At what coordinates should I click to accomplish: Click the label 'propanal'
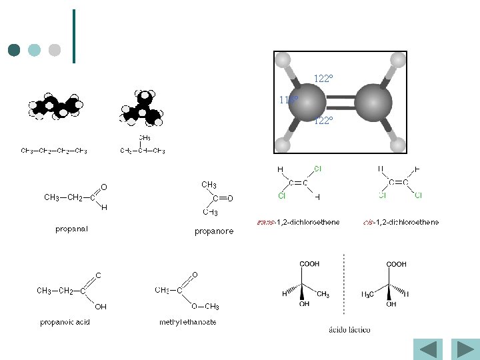72,229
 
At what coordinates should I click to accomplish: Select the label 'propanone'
214,231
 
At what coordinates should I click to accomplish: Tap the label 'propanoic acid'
65,322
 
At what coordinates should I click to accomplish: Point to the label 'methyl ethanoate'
188,322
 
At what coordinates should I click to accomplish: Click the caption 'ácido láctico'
350,329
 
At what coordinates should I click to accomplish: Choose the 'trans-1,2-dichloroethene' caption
298,222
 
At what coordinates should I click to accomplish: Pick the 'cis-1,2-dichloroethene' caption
401,222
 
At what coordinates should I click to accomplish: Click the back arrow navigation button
427,349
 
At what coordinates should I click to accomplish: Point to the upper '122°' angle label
323,79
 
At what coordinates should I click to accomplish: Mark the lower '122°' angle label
323,121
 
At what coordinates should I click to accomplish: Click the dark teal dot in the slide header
14,50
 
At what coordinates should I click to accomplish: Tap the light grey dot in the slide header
55,50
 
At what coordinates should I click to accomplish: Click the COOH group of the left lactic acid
309,264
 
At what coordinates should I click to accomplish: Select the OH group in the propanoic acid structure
100,307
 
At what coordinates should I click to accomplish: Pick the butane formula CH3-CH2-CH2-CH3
54,151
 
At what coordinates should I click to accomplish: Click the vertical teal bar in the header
73,37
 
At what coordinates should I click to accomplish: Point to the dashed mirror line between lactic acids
344,283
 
